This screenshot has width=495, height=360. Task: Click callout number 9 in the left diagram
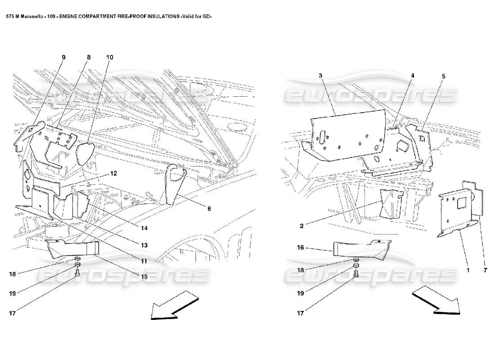[x=63, y=58]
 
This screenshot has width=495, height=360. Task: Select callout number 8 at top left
[x=89, y=58]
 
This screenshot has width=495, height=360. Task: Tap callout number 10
[x=110, y=58]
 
